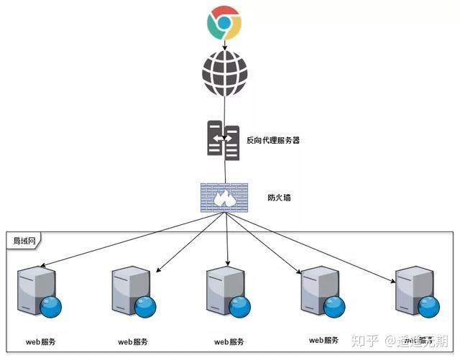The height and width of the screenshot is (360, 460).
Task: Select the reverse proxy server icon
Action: click(224, 139)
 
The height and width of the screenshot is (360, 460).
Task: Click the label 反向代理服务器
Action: click(273, 140)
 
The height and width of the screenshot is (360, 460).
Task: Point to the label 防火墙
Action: click(278, 195)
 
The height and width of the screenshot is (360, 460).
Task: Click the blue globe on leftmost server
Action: click(50, 307)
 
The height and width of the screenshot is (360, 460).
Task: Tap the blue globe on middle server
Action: click(240, 307)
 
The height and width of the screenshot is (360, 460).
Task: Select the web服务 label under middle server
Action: click(229, 341)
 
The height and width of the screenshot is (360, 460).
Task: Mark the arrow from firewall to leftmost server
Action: click(122, 239)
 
